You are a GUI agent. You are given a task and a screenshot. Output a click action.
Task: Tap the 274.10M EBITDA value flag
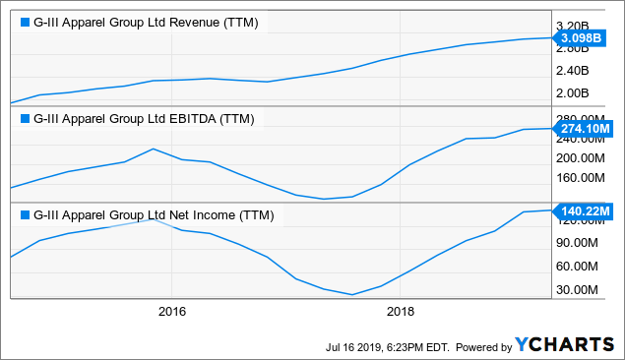click(x=587, y=128)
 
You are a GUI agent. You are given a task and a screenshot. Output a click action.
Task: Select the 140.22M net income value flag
click(x=587, y=210)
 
